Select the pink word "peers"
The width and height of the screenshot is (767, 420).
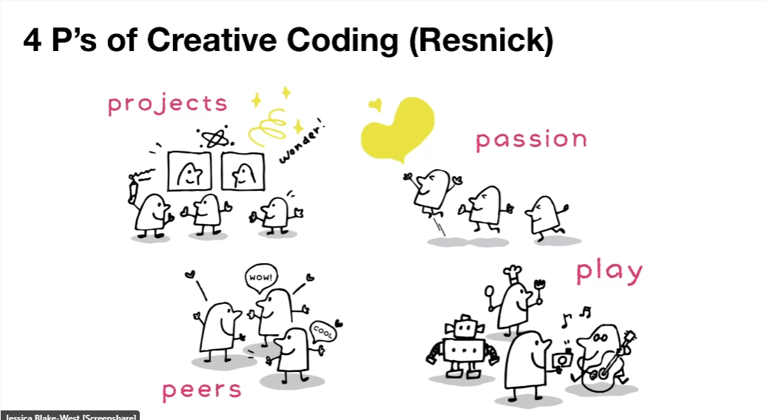point(202,391)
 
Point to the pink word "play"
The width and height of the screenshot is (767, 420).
point(609,273)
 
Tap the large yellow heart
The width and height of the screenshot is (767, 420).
point(399,129)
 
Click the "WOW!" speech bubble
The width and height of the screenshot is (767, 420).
point(261,278)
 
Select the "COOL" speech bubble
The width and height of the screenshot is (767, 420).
point(322,331)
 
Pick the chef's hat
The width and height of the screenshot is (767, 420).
point(513,274)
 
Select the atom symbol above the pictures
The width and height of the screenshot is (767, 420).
point(214,139)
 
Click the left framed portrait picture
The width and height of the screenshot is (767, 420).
point(190,171)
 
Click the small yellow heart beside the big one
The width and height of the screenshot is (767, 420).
point(375,104)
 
